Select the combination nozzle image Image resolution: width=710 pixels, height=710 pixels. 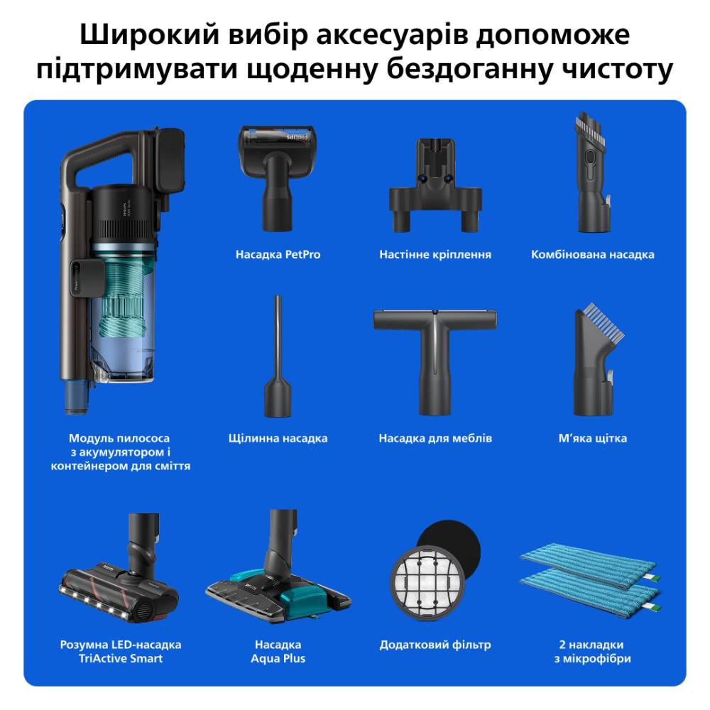click(x=592, y=173)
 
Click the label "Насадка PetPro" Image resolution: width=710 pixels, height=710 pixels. click(x=278, y=254)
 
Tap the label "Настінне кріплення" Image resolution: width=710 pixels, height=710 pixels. click(x=435, y=254)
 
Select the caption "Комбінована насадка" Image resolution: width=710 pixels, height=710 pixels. click(x=592, y=254)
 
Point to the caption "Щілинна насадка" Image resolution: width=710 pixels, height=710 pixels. click(x=278, y=438)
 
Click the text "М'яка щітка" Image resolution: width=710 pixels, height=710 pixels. click(x=592, y=438)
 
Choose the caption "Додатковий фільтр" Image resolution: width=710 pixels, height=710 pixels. click(x=435, y=645)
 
